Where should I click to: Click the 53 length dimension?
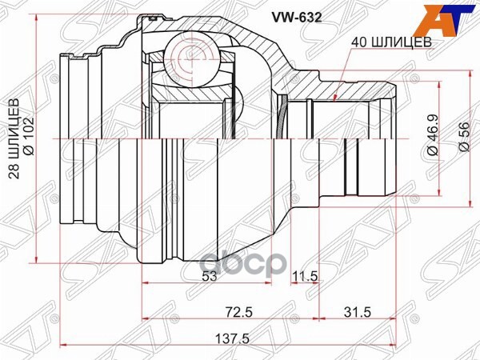210,276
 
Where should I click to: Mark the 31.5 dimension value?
356,310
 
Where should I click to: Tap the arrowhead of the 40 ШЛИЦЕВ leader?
334,102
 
